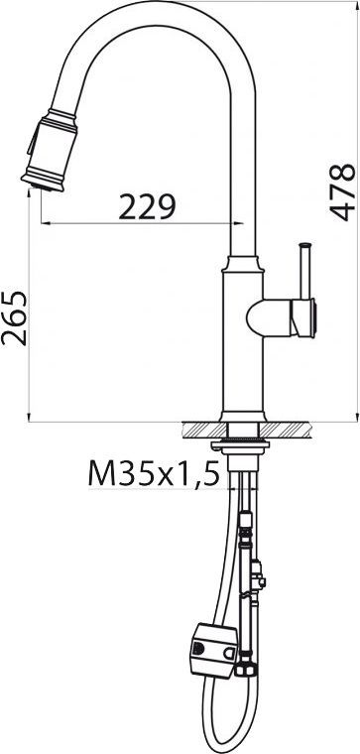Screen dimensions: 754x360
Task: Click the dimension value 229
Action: tap(147, 206)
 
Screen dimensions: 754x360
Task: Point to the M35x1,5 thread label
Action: tap(153, 475)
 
